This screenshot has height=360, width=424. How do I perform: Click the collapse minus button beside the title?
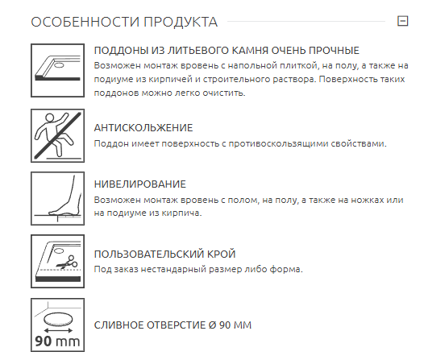[x=402, y=21]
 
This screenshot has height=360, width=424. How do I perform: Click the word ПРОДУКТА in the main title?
[x=181, y=22]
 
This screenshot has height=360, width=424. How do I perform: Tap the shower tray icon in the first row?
[x=57, y=71]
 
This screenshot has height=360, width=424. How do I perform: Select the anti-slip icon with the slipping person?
[x=57, y=135]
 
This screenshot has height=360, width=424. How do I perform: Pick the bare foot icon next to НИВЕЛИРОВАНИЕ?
[x=57, y=198]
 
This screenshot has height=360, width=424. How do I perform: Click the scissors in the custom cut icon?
[x=68, y=262]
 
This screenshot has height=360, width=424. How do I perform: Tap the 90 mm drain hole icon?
[x=57, y=325]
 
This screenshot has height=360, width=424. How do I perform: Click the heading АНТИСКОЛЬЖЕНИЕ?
[x=143, y=128]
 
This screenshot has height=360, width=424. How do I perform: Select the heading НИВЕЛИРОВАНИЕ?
[x=139, y=184]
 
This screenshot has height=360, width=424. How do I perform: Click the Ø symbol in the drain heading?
[x=213, y=325]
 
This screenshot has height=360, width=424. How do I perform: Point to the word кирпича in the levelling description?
[x=181, y=213]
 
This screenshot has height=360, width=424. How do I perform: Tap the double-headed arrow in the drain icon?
[x=58, y=330]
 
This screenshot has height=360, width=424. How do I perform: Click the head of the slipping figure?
[x=49, y=118]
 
